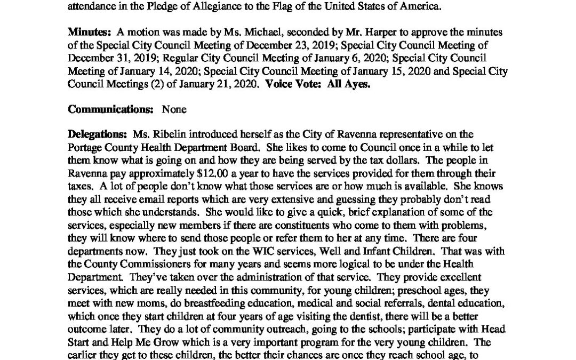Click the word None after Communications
pyautogui.click(x=174, y=110)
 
